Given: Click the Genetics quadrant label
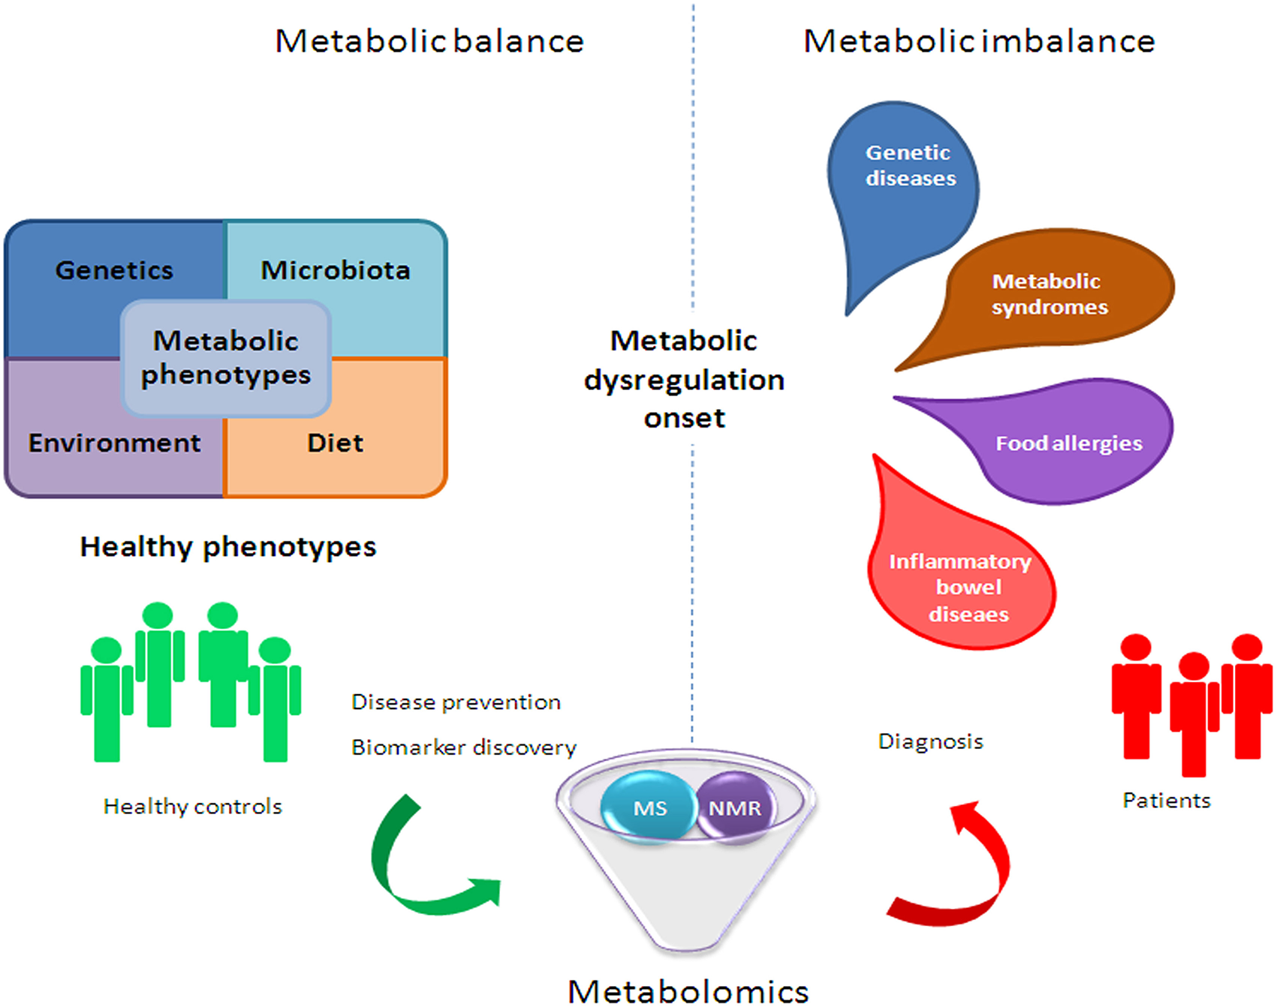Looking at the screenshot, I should pyautogui.click(x=114, y=270).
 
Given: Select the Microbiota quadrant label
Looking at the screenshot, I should pyautogui.click(x=336, y=270).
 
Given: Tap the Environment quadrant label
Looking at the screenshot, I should pyautogui.click(x=114, y=443).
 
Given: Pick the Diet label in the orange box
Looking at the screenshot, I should pyautogui.click(x=336, y=443).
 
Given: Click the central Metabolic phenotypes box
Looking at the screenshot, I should pyautogui.click(x=226, y=358).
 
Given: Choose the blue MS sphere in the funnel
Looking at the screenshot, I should pyautogui.click(x=649, y=808).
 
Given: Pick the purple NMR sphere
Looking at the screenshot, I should pyautogui.click(x=735, y=808).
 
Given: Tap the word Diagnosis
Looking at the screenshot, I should pyautogui.click(x=930, y=741).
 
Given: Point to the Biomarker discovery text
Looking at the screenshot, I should pyautogui.click(x=463, y=747).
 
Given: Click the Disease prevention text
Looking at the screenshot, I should pyautogui.click(x=456, y=702).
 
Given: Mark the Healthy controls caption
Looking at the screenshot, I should pyautogui.click(x=193, y=807).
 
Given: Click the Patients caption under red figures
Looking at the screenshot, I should pyautogui.click(x=1166, y=801).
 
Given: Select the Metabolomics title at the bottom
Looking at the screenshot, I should pyautogui.click(x=688, y=990).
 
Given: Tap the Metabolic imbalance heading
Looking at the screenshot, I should pyautogui.click(x=978, y=41).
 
